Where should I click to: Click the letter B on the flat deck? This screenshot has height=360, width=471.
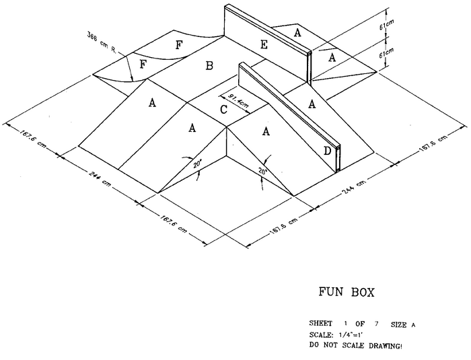(x=209, y=65)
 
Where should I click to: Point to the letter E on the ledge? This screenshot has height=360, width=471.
(x=264, y=45)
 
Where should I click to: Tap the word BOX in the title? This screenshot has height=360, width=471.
(x=361, y=293)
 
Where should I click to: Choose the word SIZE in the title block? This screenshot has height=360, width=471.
(x=400, y=324)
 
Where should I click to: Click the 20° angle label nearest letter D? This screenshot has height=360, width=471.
(x=261, y=172)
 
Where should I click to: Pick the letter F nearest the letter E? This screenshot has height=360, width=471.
(x=178, y=46)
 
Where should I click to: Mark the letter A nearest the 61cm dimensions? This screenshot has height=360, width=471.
(x=331, y=59)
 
